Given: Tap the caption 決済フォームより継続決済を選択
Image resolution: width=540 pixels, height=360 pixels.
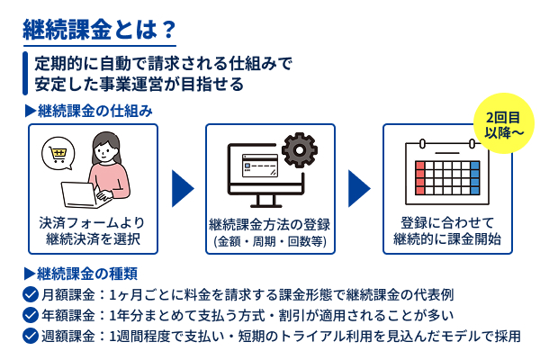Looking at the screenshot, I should coord(93,231).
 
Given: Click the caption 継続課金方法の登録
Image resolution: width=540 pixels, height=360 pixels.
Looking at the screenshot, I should coord(270,224).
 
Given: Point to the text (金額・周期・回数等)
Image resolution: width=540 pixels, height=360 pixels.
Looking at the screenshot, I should coord(270,242).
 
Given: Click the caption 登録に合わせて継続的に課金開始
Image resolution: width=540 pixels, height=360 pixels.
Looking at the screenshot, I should coord(446,231).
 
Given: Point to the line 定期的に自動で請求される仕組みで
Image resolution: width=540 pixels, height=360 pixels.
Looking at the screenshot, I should coord(163,65).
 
